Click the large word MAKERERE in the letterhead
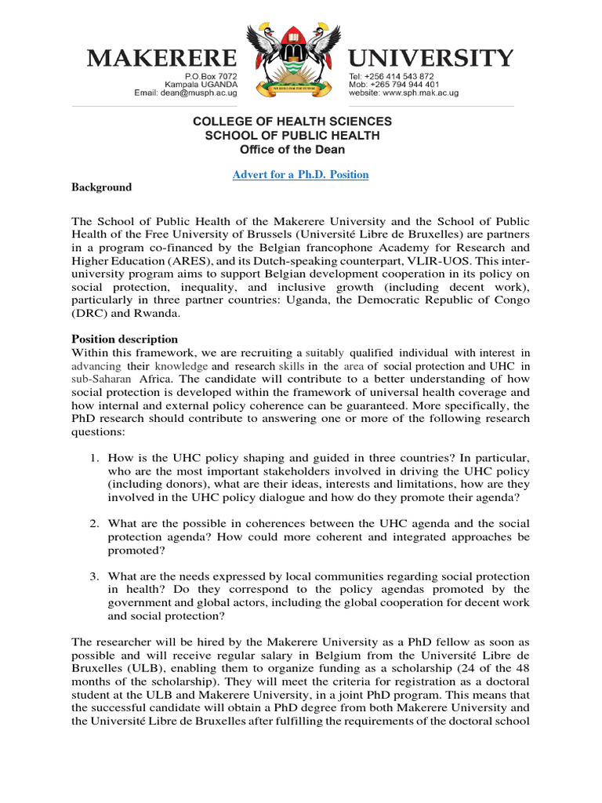[x=161, y=57]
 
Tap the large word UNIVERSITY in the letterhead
[x=431, y=57]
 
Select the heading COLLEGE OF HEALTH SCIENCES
[x=292, y=122]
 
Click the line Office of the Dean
[x=292, y=149]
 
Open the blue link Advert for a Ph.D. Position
[x=300, y=174]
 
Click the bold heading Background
[x=102, y=187]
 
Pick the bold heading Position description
[x=125, y=340]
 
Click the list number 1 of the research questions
[x=92, y=457]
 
